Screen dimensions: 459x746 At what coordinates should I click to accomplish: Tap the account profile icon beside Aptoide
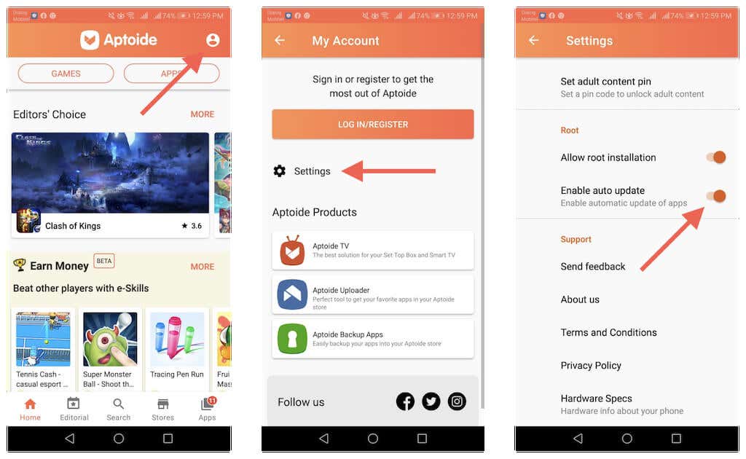pos(213,40)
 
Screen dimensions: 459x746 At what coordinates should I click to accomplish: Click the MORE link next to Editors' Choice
pos(203,114)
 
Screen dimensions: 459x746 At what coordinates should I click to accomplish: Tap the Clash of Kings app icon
pos(28,221)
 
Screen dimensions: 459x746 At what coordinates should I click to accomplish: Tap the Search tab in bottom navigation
pos(118,409)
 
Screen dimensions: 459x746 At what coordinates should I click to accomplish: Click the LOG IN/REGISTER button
pos(372,125)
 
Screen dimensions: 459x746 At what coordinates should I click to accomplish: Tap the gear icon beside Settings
pos(280,171)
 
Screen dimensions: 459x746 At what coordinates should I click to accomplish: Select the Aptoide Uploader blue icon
pos(292,294)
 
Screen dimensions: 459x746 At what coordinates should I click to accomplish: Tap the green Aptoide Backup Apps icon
pos(292,339)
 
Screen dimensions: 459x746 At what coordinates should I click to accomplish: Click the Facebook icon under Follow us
pos(405,401)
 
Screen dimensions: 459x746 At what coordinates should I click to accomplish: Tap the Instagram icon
pos(457,401)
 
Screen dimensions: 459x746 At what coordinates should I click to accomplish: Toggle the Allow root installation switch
pos(715,157)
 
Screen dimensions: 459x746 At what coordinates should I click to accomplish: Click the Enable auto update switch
pos(715,196)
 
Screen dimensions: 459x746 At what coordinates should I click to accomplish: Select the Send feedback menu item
pos(593,267)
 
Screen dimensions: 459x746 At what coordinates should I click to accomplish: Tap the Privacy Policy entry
pos(591,366)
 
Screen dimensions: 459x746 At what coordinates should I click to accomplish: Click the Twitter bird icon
pos(431,401)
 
